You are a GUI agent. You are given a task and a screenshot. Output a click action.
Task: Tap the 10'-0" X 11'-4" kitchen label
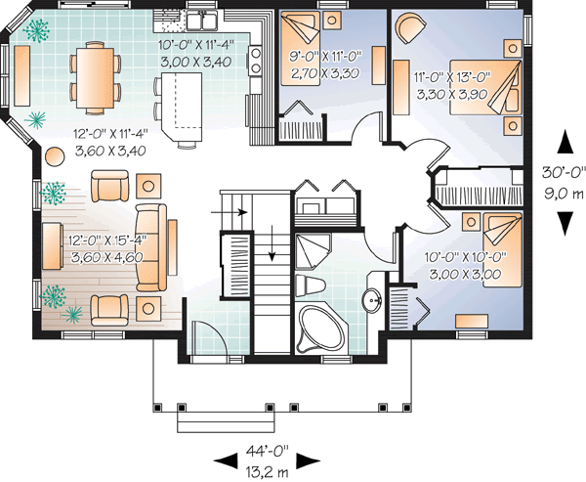pos(196,52)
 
